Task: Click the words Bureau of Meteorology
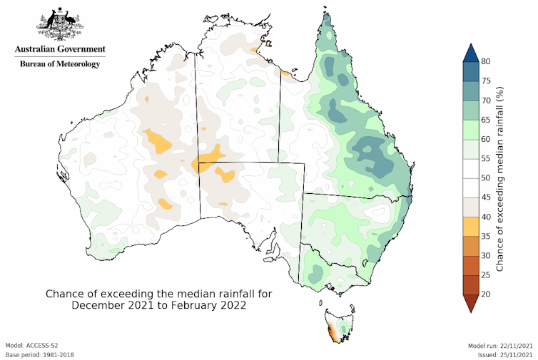[x=60, y=64]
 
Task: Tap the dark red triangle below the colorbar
[x=470, y=303]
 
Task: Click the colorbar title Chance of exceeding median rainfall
[x=501, y=178]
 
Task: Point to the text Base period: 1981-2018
[x=40, y=354]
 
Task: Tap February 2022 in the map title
[x=207, y=305]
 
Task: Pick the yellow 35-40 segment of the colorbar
[x=470, y=226]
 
